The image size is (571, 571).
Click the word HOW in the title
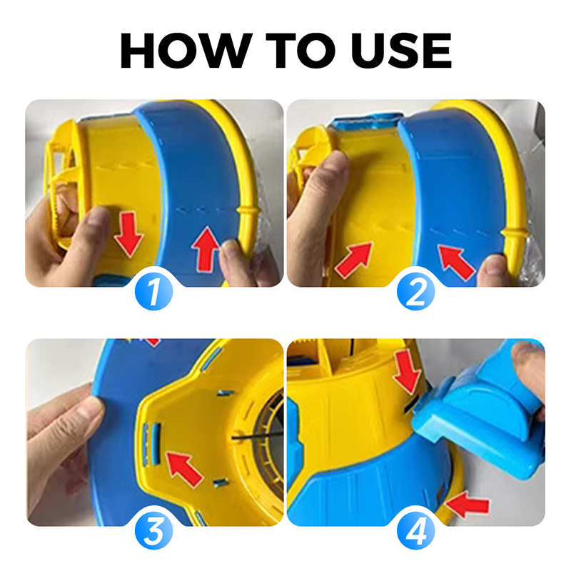tap(186, 50)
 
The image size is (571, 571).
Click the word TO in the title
tap(300, 50)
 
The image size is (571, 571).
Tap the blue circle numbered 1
tap(153, 291)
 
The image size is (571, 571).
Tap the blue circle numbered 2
tap(415, 291)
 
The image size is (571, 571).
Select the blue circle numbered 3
tap(153, 530)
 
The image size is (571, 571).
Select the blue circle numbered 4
tap(415, 530)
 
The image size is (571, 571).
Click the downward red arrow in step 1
tap(128, 234)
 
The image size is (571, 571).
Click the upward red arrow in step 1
tap(206, 249)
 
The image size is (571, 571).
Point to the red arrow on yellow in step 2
tap(354, 260)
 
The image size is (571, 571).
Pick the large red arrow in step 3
tap(184, 469)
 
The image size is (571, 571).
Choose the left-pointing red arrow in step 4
tap(468, 505)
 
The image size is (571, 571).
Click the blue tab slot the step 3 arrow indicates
tap(156, 443)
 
